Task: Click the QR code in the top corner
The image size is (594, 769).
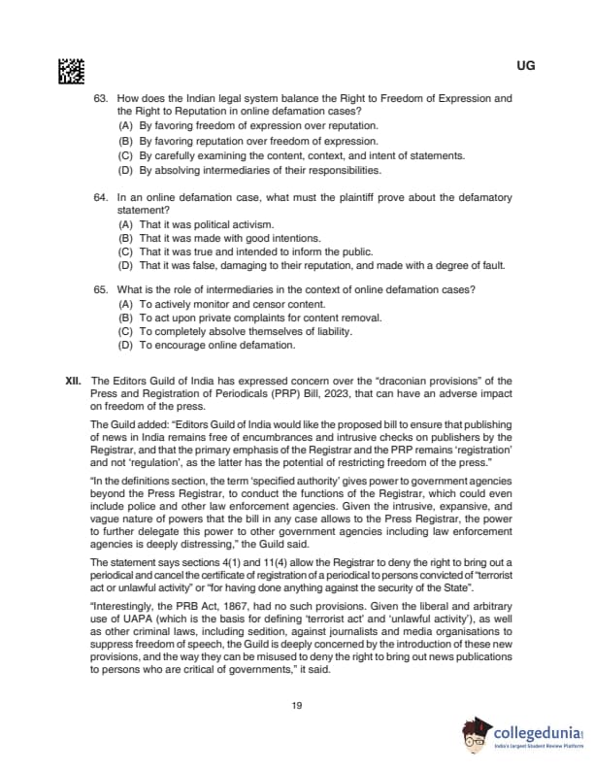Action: (72, 69)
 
